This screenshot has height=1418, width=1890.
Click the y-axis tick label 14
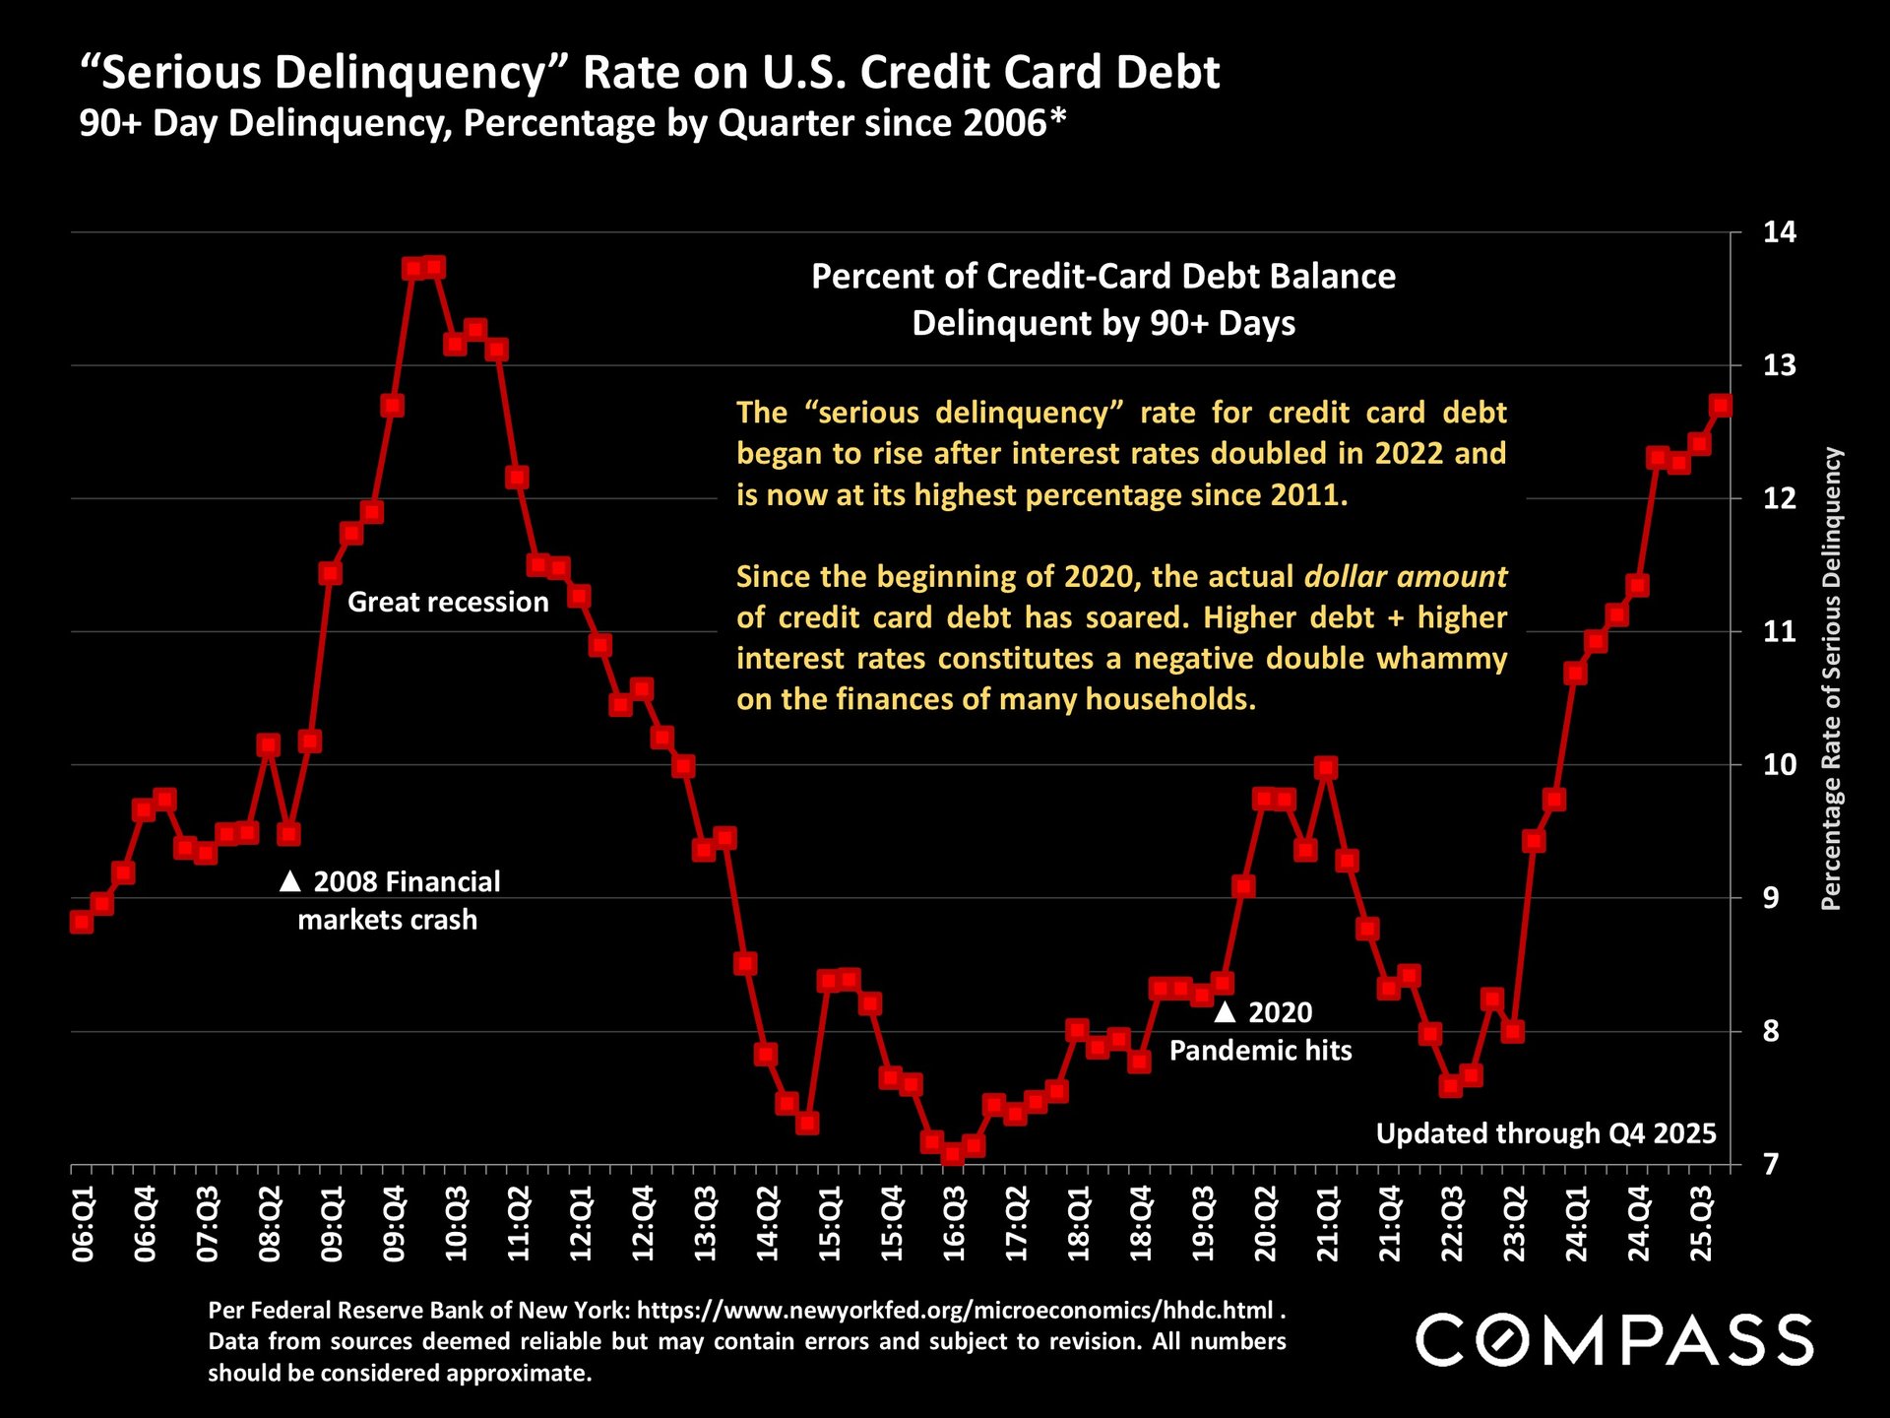click(x=1780, y=232)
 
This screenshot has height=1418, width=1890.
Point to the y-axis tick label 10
click(x=1780, y=765)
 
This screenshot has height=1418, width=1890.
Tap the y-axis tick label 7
click(x=1772, y=1165)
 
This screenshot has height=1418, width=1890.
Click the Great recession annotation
click(x=448, y=602)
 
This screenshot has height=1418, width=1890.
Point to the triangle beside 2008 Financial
click(x=289, y=881)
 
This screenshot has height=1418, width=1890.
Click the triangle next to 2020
click(x=1225, y=1012)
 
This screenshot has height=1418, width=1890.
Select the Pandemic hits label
click(x=1260, y=1051)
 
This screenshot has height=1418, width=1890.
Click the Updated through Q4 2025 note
click(x=1545, y=1133)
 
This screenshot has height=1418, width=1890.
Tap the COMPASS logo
click(x=1614, y=1340)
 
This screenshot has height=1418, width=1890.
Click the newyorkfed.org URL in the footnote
click(x=955, y=1311)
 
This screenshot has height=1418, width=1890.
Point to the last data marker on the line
click(x=1721, y=406)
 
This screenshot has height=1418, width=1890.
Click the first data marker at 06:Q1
click(x=82, y=922)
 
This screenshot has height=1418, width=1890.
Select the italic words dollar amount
click(x=1406, y=576)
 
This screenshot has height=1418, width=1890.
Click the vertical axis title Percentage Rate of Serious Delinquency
click(x=1831, y=679)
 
